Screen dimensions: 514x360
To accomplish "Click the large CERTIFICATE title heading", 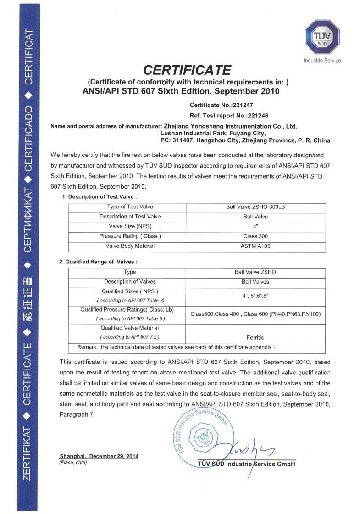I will click(x=187, y=70).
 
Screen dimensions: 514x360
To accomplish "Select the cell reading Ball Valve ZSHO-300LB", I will click(x=255, y=207).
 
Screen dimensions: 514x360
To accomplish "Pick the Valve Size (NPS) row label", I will click(x=130, y=226).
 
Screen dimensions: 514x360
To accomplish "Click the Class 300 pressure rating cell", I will click(x=255, y=236).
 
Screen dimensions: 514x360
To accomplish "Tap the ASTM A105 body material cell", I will click(x=255, y=246).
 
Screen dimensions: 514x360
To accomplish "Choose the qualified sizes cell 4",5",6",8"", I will click(x=255, y=296).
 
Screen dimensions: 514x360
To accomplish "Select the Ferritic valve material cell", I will click(x=255, y=337).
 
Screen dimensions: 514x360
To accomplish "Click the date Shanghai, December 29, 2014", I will click(x=99, y=456).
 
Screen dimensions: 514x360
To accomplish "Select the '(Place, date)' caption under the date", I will click(x=73, y=462).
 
